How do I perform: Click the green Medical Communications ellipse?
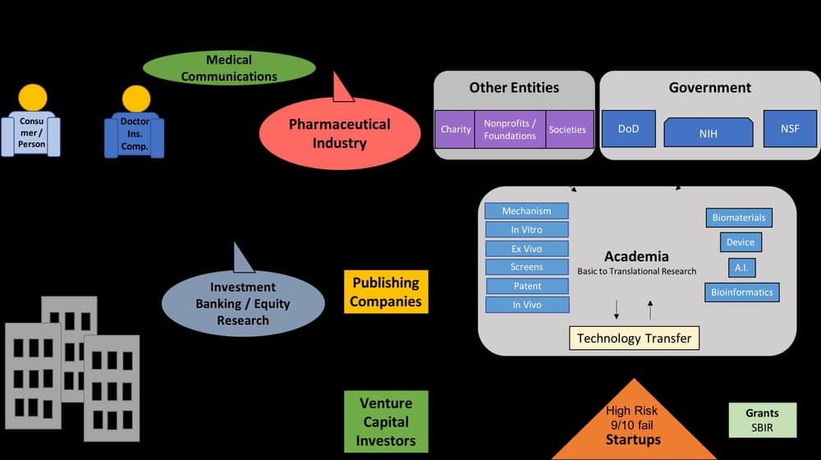click(x=229, y=68)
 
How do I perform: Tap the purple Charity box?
click(x=456, y=129)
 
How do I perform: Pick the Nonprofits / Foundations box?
click(x=510, y=129)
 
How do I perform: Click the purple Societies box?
click(x=567, y=129)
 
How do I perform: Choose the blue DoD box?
click(x=628, y=129)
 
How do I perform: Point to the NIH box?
click(x=708, y=132)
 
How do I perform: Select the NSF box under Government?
click(x=790, y=128)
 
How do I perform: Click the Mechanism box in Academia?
click(x=526, y=211)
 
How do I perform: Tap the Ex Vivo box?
click(x=526, y=248)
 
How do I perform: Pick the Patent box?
click(x=527, y=286)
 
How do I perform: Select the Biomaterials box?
click(x=739, y=218)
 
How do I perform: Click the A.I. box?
click(x=741, y=268)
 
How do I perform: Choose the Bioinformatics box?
click(x=741, y=292)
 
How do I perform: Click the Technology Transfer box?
click(x=634, y=338)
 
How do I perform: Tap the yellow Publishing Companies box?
click(x=386, y=292)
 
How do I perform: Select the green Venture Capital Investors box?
click(x=386, y=421)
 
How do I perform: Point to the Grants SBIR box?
click(x=762, y=420)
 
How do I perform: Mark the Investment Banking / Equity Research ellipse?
click(x=243, y=303)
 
